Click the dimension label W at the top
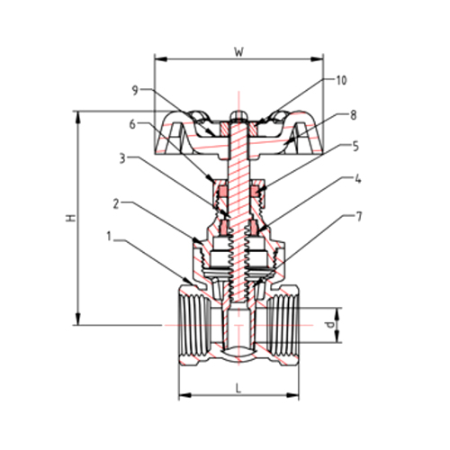[238, 51]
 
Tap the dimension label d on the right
[330, 321]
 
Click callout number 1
[109, 239]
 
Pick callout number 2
[116, 204]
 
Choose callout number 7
[357, 216]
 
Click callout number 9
[134, 90]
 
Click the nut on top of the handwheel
[238, 116]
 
